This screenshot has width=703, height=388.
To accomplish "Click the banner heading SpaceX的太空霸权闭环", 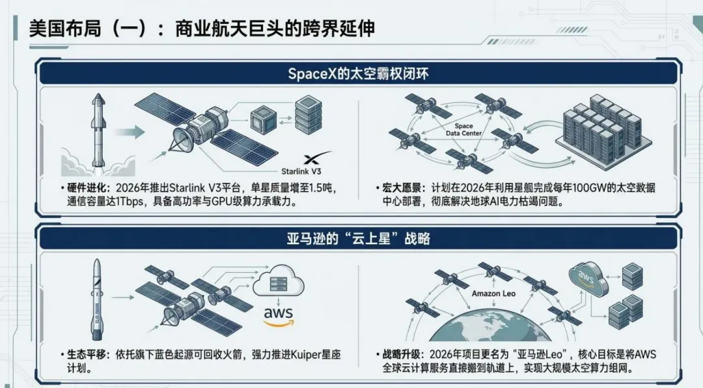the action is pos(358,73).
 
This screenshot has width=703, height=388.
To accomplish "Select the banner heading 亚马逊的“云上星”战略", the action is pos(358,238).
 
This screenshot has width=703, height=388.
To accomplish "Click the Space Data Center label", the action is pos(463,129).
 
